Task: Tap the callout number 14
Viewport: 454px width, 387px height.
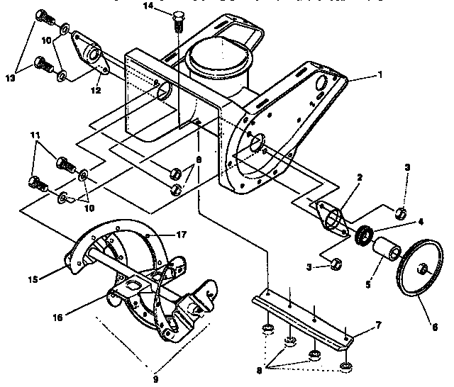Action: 148,6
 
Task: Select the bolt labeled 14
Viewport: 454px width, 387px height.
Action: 178,22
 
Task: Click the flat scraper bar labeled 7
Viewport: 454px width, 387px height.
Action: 305,315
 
